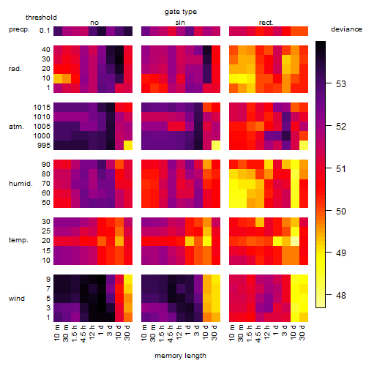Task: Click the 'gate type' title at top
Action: [181, 12]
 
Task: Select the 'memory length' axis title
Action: [180, 356]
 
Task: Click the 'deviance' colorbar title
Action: [346, 29]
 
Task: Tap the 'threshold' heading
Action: [41, 18]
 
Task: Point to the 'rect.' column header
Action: [266, 23]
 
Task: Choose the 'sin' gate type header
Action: [180, 23]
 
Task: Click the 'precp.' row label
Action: [19, 29]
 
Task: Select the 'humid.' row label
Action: [20, 184]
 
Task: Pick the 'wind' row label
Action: [17, 299]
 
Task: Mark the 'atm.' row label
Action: [16, 127]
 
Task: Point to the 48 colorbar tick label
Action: [341, 296]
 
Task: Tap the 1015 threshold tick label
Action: [42, 108]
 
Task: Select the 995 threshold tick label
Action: [44, 146]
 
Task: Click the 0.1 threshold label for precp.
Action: [45, 31]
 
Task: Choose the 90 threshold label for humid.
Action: [46, 165]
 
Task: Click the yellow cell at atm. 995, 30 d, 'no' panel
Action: [128, 146]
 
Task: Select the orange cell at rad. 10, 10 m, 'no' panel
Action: [58, 78]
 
